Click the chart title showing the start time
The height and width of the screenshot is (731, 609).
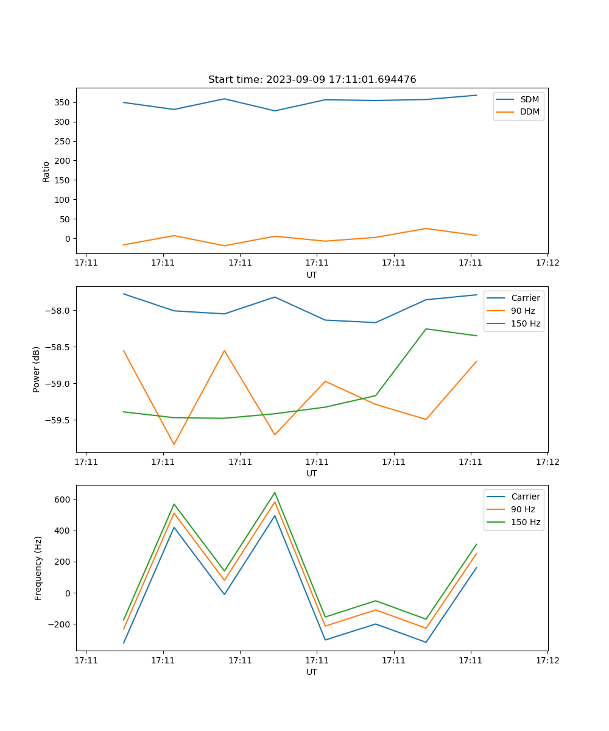[x=312, y=80]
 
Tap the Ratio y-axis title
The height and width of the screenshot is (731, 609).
[x=46, y=171]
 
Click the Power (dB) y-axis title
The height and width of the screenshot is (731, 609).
[x=37, y=369]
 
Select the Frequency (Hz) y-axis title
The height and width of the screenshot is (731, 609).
[x=38, y=568]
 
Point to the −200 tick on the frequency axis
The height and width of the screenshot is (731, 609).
[x=60, y=624]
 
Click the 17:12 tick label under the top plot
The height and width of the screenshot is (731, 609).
[x=547, y=263]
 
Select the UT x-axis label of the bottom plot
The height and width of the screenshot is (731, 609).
[x=312, y=672]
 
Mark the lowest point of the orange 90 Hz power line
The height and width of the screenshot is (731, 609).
[x=174, y=444]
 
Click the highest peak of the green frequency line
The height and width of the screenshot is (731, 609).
[x=275, y=493]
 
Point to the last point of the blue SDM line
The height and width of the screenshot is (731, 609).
[x=476, y=95]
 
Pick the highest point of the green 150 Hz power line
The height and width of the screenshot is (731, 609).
[x=426, y=329]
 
